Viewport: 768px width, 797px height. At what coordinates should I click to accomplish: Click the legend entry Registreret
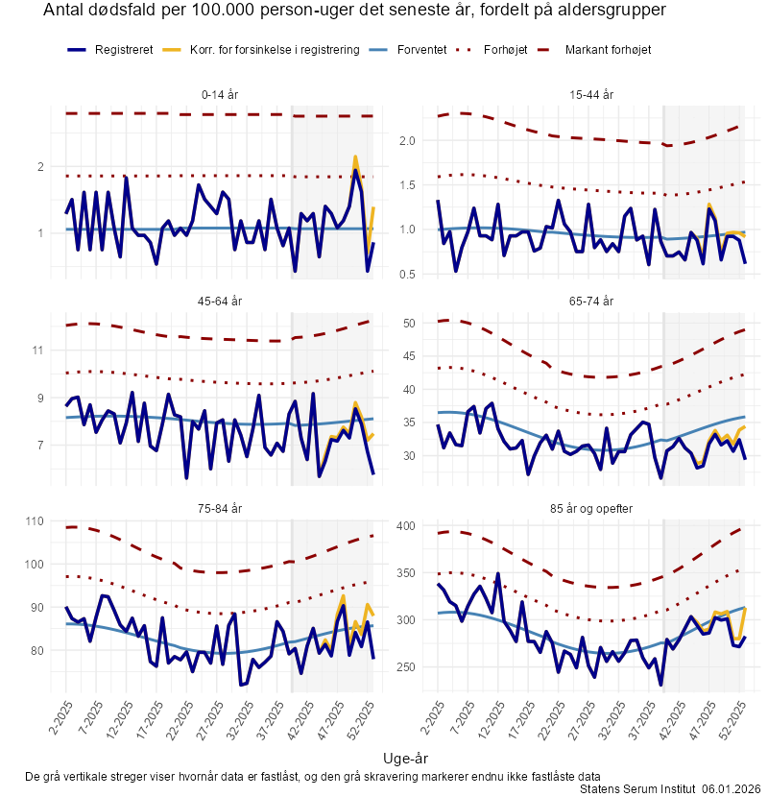[123, 49]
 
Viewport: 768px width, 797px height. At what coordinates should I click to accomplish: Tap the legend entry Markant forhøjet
[608, 49]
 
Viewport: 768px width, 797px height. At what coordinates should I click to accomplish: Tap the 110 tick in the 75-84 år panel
[34, 521]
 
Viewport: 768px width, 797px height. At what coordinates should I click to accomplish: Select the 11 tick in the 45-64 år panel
[37, 350]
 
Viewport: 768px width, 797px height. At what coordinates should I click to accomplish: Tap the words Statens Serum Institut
[637, 788]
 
